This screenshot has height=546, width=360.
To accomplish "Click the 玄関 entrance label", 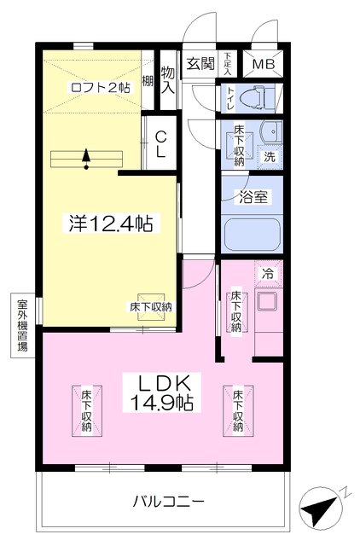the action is tap(200, 64).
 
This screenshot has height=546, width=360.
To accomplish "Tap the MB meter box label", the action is tap(264, 64).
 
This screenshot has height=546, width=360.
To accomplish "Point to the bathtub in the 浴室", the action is tap(253, 235).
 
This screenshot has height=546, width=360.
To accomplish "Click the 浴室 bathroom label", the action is tap(253, 197).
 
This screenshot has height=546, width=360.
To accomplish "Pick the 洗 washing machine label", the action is tap(269, 157).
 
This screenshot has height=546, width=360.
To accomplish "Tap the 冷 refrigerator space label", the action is tap(268, 274).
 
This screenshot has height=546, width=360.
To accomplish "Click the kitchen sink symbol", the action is tap(267, 301).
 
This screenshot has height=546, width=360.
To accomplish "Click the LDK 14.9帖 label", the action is tap(162, 392).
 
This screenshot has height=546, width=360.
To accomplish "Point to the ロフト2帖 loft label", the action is tap(100, 87).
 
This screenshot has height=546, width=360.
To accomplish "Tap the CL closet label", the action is tap(160, 143).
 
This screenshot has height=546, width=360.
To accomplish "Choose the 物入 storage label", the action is tap(168, 80).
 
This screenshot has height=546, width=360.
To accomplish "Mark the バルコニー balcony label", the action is tap(169, 502).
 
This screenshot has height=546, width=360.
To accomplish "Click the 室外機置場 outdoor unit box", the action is tap(23, 326).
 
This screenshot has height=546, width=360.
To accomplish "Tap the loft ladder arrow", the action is tap(86, 160).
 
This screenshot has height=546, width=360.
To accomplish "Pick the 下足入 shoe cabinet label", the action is tap(228, 64).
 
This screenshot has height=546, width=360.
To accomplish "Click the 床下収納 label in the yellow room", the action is tap(151, 307).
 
